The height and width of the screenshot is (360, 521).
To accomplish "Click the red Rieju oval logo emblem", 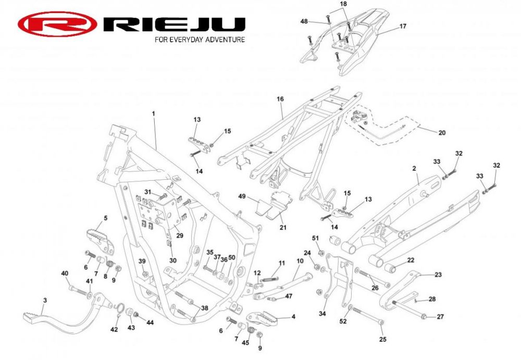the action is click(57, 24).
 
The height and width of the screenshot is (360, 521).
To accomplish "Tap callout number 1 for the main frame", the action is click(154, 114).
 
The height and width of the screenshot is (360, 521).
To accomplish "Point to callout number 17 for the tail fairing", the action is click(403, 26).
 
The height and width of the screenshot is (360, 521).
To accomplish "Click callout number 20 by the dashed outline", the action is click(442, 133).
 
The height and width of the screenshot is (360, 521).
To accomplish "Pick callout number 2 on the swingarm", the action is click(414, 168).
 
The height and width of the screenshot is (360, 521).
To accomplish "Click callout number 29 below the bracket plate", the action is click(180, 235).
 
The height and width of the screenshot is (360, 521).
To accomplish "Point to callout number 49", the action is click(242, 196).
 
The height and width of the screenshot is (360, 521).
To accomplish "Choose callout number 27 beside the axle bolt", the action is click(440, 317).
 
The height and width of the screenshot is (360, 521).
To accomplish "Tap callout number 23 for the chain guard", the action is click(438, 275).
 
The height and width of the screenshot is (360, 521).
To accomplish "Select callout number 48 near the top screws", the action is click(304, 21).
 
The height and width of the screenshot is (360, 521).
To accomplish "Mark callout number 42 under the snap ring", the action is click(114, 329).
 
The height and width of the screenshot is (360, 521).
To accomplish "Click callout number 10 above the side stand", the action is click(300, 261).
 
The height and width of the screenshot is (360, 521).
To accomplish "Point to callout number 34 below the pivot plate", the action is click(322, 314).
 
